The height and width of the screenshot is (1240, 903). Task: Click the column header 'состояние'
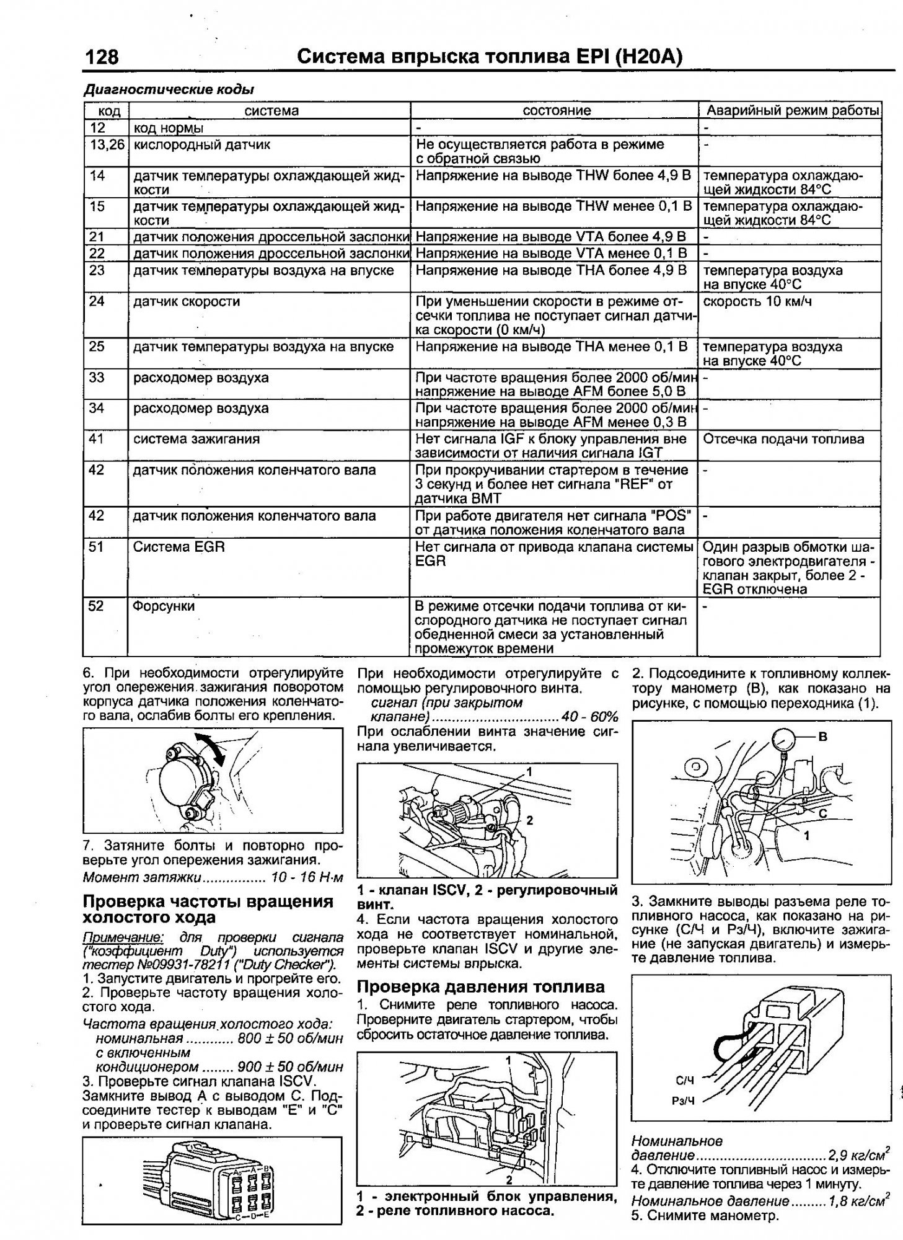(557, 111)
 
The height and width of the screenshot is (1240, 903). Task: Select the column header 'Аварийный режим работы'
(793, 111)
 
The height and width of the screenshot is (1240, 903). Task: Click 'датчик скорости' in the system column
(187, 302)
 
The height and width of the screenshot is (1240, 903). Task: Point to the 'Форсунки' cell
(164, 606)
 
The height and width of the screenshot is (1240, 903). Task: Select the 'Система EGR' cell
(179, 547)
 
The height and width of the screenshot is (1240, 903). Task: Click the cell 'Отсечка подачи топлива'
(783, 440)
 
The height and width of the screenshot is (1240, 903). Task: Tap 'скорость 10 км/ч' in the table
(757, 302)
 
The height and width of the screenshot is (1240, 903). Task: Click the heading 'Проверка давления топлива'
(481, 986)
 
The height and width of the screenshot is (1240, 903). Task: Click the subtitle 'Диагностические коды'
(169, 89)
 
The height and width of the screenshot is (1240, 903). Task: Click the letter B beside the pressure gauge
(823, 737)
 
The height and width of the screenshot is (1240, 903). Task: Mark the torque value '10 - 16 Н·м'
(306, 877)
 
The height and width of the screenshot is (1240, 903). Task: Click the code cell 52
(96, 606)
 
